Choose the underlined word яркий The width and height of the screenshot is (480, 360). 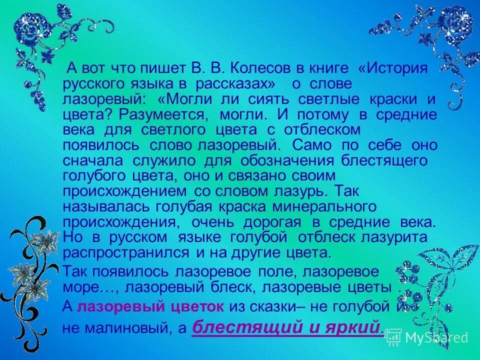coord(355,328)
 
